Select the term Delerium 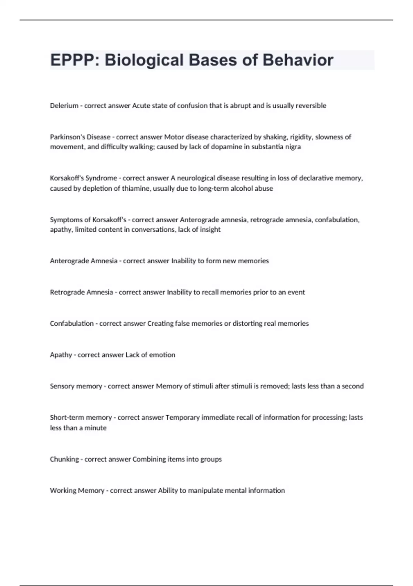pyautogui.click(x=64, y=106)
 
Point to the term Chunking pyautogui.click(x=64, y=459)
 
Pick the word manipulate pyautogui.click(x=195, y=491)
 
